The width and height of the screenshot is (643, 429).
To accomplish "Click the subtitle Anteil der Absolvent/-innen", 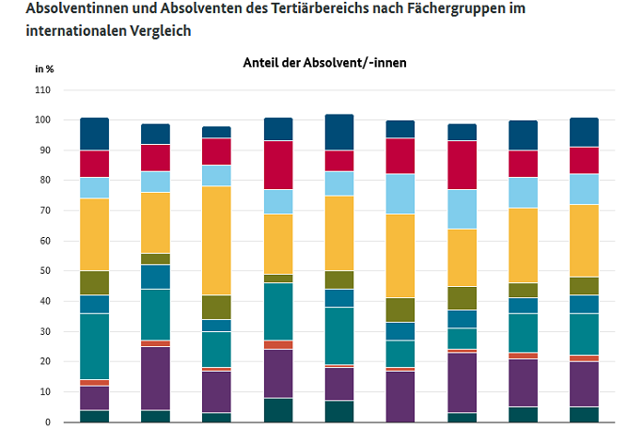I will [x=323, y=62].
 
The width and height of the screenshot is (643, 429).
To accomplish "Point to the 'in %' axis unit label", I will [x=44, y=69].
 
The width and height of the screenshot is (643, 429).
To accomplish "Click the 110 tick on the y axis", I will [x=43, y=90].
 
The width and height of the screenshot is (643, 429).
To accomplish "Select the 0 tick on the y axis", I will [x=48, y=421].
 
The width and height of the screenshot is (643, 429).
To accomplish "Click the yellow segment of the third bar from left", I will [x=216, y=240].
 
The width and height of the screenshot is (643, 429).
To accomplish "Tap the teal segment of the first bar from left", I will [x=94, y=346].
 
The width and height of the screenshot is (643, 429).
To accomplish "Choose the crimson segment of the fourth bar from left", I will [x=277, y=165].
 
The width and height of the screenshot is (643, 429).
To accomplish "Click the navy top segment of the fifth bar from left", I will [x=338, y=132].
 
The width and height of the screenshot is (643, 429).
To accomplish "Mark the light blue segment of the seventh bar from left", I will [x=461, y=209].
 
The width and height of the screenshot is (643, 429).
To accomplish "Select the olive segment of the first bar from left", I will [x=94, y=283].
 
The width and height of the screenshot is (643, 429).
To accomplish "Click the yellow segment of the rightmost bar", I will [x=583, y=241].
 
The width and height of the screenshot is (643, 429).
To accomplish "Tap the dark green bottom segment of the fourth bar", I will [x=277, y=411].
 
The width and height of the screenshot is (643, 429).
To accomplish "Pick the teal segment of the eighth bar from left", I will [x=522, y=332].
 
